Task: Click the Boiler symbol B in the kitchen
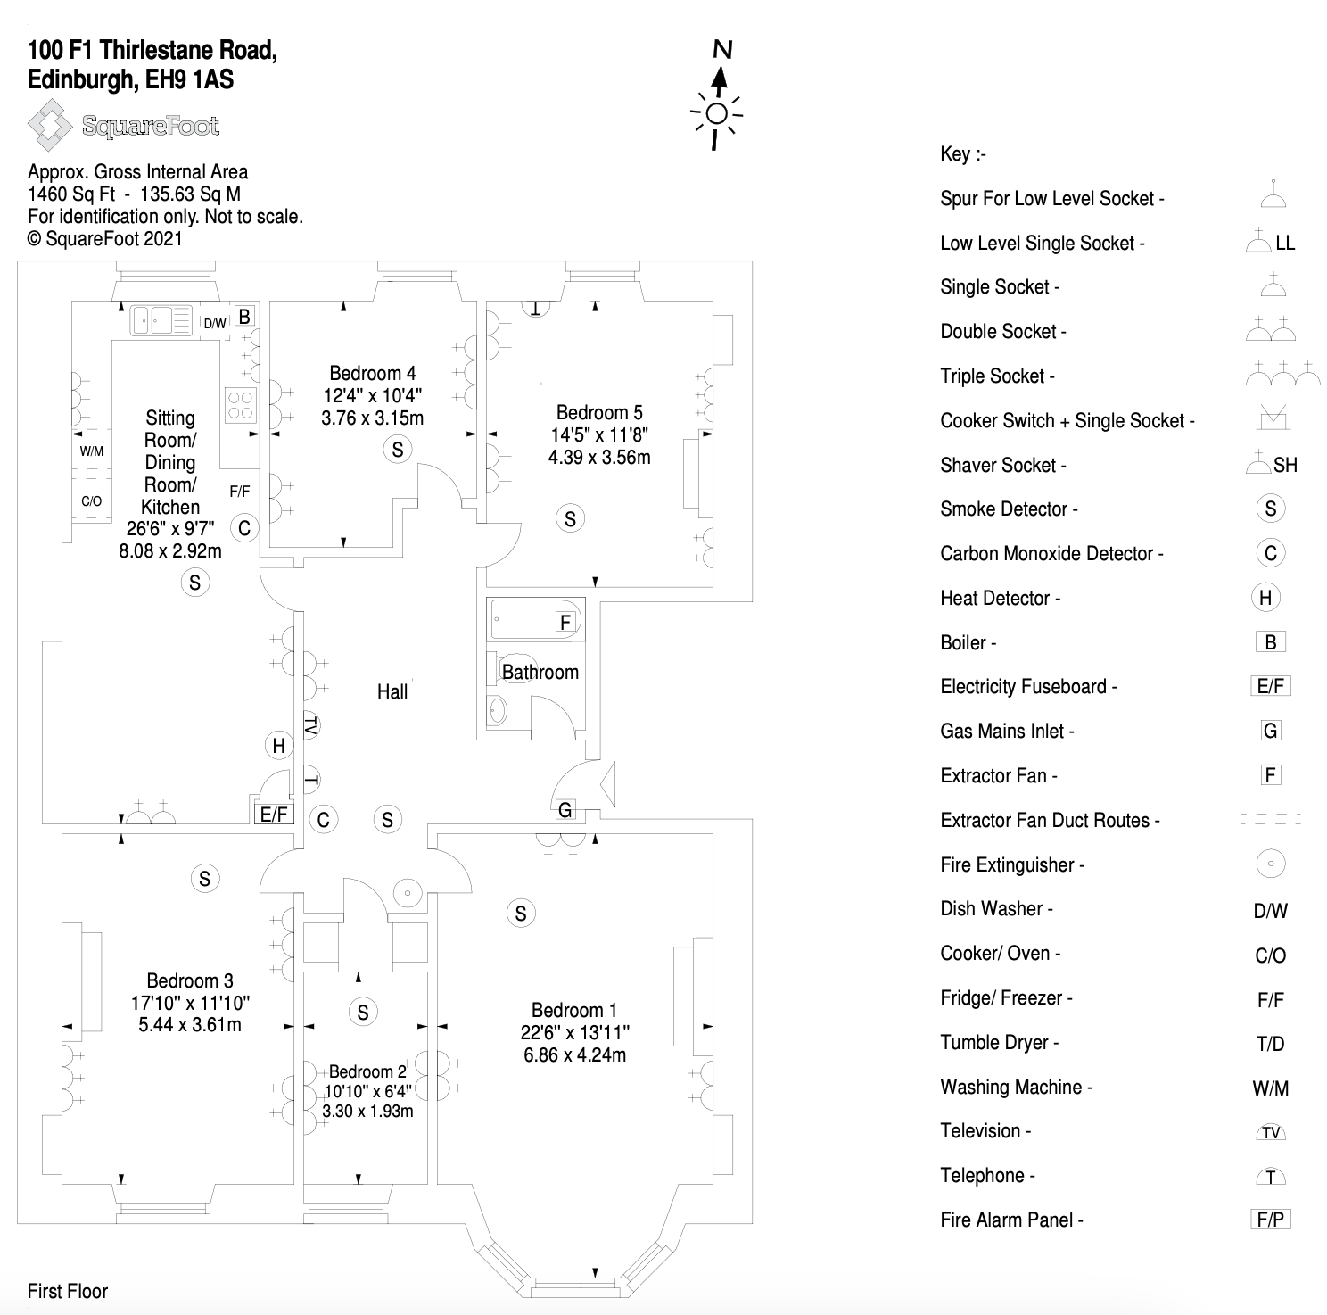click(x=243, y=315)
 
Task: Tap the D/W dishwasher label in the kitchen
click(x=215, y=323)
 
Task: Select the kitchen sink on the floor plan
click(x=161, y=319)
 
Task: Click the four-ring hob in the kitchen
click(x=241, y=404)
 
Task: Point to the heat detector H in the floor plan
click(x=278, y=746)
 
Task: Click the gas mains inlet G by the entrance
click(x=565, y=810)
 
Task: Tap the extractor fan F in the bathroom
click(x=565, y=622)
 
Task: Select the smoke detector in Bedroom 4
click(x=398, y=450)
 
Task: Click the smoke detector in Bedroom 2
click(x=362, y=1012)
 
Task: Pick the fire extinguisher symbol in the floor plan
click(x=407, y=892)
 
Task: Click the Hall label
click(x=392, y=691)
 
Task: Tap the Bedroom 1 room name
click(x=574, y=1010)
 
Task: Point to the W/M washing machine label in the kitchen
click(x=92, y=451)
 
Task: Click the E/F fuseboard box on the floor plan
click(x=273, y=814)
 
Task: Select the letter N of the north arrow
click(x=722, y=50)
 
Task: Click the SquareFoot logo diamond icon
click(x=49, y=126)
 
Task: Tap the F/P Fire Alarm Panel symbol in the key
click(x=1270, y=1220)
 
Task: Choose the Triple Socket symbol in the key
click(x=1282, y=375)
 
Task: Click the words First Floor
click(x=68, y=1291)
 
